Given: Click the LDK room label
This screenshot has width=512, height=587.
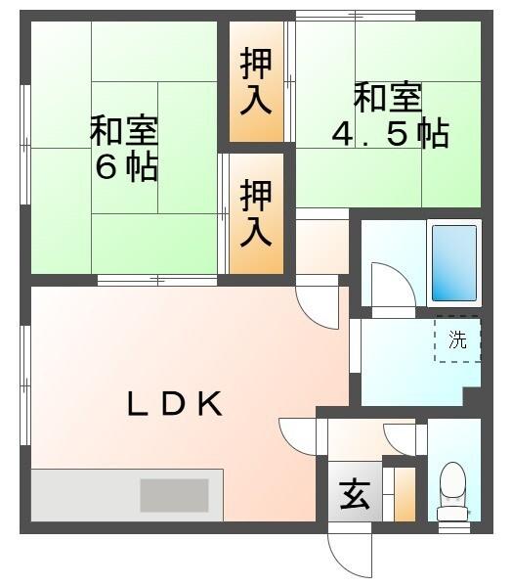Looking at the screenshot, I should [x=176, y=403].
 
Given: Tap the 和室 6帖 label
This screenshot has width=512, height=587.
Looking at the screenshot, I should [x=125, y=148].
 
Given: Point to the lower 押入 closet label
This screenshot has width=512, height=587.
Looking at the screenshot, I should [x=256, y=212].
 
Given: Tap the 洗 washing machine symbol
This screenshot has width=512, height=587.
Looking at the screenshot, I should [x=457, y=340].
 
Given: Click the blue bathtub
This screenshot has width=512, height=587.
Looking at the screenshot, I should [x=454, y=263].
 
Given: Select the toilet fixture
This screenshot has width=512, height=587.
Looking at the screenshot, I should [x=452, y=490].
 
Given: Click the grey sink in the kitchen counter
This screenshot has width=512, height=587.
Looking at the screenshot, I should [x=174, y=495].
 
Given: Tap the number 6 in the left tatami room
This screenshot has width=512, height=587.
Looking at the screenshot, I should [x=106, y=167].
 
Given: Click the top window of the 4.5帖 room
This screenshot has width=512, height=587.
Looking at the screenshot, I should [x=357, y=15].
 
